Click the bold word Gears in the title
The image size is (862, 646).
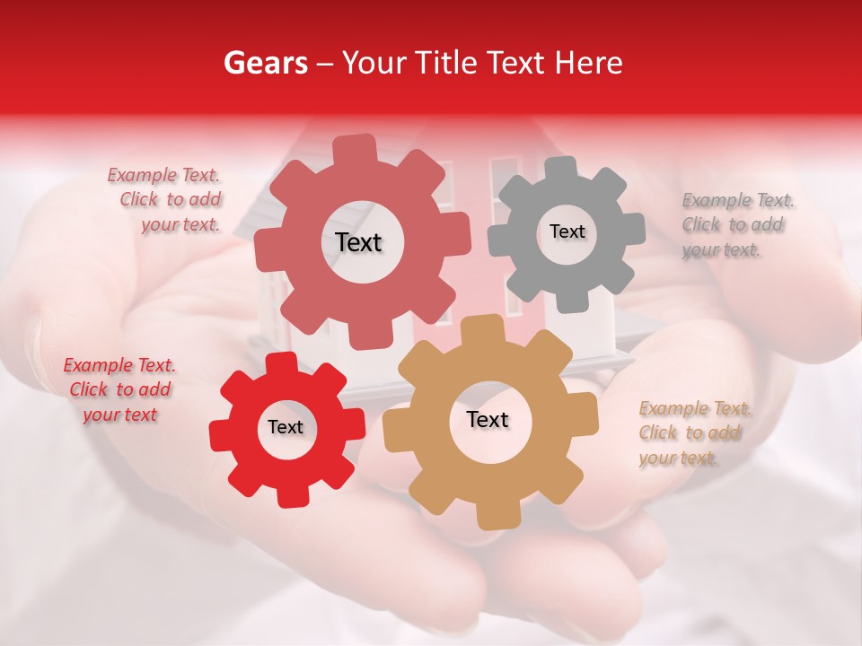(x=265, y=63)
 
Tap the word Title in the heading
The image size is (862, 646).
(x=450, y=63)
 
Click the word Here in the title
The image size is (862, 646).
(x=589, y=63)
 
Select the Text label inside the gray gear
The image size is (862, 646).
(x=567, y=231)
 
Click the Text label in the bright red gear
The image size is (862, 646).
(x=286, y=427)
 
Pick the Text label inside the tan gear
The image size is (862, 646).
(x=488, y=419)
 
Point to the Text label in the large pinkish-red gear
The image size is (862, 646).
(x=358, y=242)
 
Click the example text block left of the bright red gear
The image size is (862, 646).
(x=119, y=390)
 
